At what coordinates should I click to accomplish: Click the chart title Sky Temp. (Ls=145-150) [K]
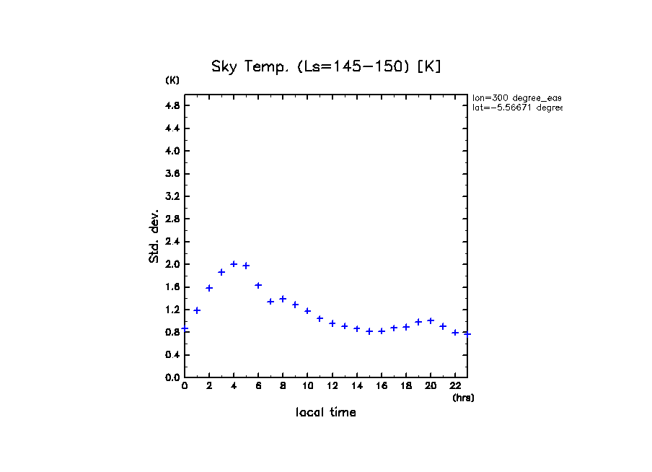click(x=326, y=66)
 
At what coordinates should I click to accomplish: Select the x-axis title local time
click(x=326, y=413)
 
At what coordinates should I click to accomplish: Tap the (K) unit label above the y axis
click(x=172, y=80)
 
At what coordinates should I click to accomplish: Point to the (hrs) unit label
click(x=463, y=398)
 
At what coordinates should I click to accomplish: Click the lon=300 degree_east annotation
click(x=516, y=97)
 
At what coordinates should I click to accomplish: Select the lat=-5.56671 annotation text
click(x=516, y=108)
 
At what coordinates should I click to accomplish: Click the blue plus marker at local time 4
click(x=234, y=264)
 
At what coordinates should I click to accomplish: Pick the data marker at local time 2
click(x=209, y=288)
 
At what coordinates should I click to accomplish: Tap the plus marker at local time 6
click(x=258, y=285)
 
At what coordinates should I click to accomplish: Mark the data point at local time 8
click(x=283, y=299)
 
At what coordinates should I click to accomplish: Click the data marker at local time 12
click(x=332, y=323)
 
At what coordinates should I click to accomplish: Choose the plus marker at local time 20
click(x=431, y=320)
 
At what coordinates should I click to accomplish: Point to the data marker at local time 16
click(x=382, y=331)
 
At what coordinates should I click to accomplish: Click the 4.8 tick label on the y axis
click(x=172, y=105)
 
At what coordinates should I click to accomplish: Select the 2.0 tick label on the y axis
click(x=172, y=264)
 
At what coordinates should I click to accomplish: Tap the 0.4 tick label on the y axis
click(x=172, y=354)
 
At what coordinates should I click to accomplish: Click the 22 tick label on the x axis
click(x=455, y=386)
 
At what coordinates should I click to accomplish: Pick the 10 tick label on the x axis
click(x=307, y=386)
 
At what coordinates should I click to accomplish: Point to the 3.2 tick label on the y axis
click(x=172, y=196)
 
